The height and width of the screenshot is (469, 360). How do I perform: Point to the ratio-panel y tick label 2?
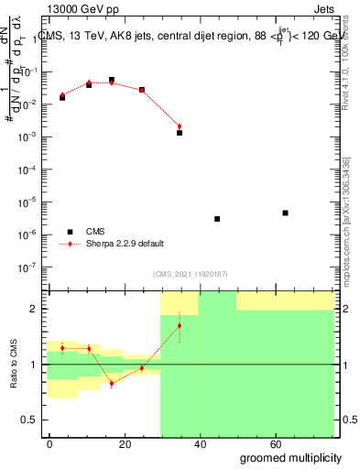[x=37, y=309]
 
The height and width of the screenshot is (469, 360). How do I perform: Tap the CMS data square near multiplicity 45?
[x=217, y=219]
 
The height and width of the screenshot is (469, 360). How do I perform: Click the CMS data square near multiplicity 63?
[x=286, y=213]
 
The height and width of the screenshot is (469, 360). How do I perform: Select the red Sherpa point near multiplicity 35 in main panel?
[x=180, y=126]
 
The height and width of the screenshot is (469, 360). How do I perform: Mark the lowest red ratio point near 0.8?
[x=112, y=383]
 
